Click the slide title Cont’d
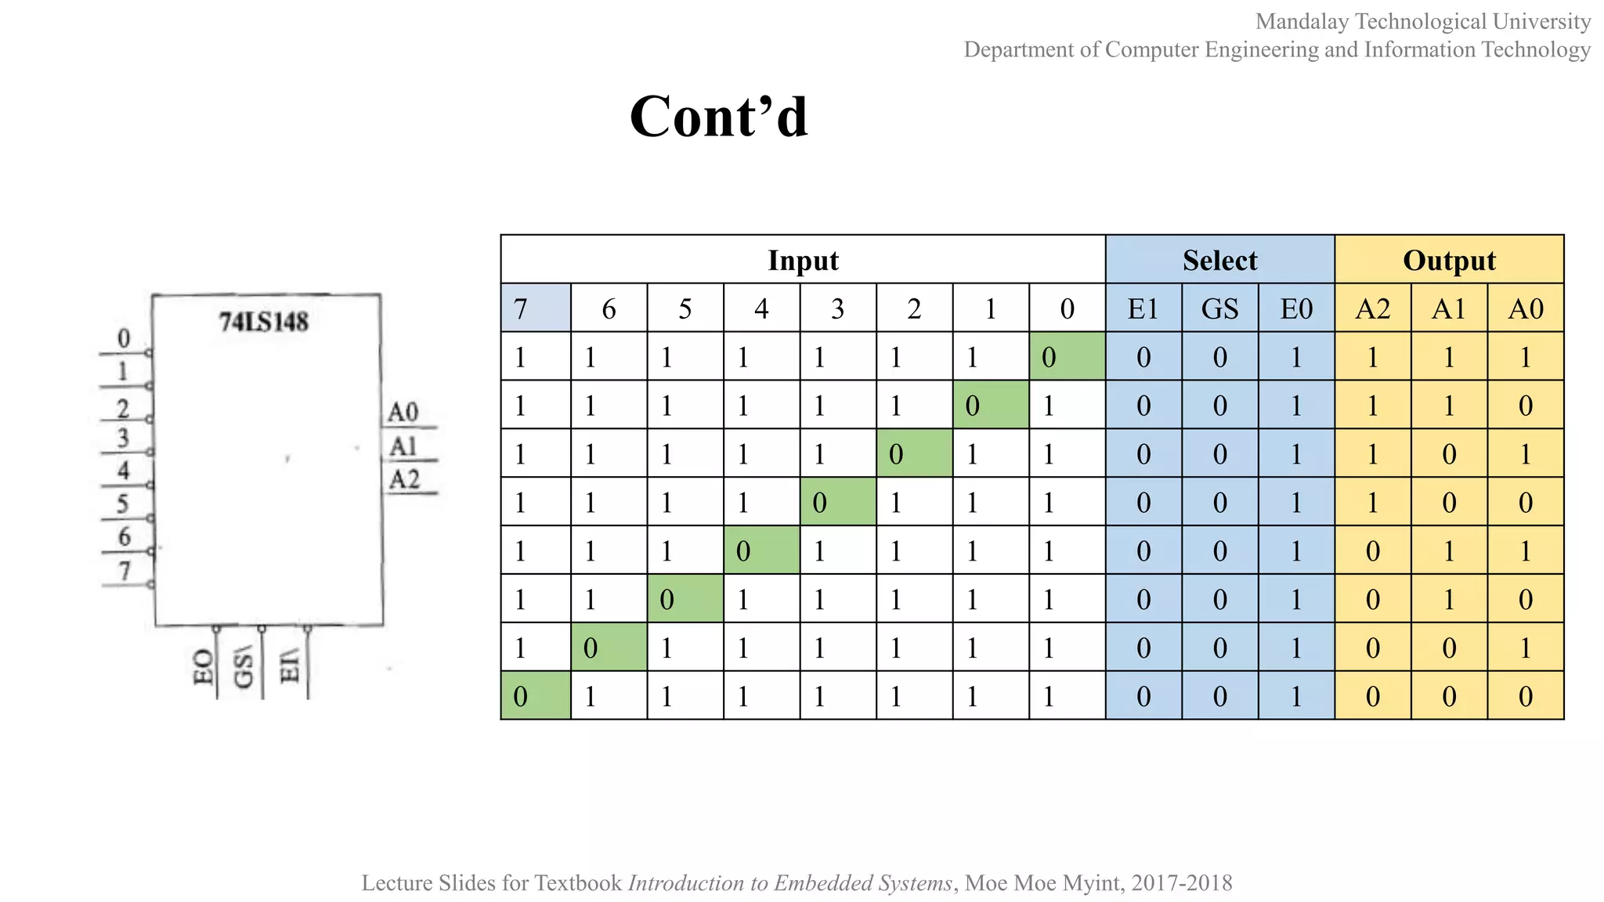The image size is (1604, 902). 718,117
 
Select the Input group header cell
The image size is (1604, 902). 803,260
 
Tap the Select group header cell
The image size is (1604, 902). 1219,260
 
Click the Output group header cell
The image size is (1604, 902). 1449,260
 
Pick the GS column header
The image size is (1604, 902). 1219,308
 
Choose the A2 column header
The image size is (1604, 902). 1372,308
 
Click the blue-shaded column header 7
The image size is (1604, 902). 536,308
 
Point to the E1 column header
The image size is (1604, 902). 1143,308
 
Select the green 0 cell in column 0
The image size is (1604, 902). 1067,357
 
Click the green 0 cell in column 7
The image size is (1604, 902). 536,696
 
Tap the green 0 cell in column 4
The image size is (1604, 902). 761,550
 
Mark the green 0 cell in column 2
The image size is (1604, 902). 914,453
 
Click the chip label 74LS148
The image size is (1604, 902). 264,322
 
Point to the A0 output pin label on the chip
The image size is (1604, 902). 403,412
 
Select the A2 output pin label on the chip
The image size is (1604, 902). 405,479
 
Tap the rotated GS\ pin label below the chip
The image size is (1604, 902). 244,668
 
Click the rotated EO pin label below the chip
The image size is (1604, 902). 203,667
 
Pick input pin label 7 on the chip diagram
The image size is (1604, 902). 125,571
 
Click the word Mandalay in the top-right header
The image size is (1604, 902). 1302,21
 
